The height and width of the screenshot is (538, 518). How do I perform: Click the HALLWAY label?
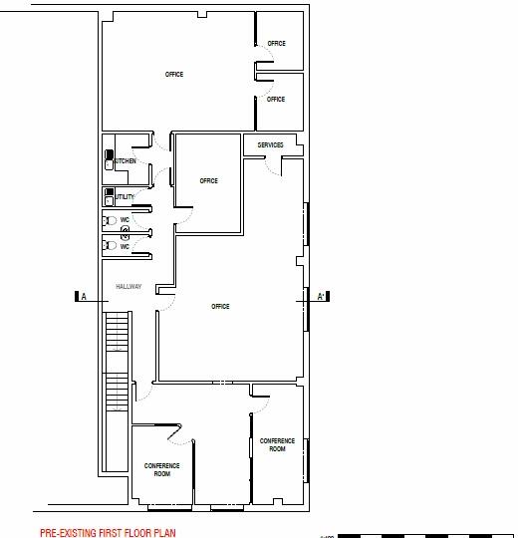pos(129,287)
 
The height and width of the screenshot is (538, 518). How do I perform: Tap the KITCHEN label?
pos(125,161)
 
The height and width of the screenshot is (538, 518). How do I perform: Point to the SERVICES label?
pos(270,145)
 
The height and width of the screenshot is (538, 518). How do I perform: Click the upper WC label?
pos(126,218)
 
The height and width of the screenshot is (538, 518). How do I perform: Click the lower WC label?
pos(126,246)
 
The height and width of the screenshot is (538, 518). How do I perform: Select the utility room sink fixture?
pos(109,195)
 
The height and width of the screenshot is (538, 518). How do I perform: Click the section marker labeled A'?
pos(323,297)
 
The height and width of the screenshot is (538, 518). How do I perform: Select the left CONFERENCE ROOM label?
pos(162,469)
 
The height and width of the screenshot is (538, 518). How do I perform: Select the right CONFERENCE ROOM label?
pos(277,444)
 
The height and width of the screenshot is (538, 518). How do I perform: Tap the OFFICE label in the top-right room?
pos(276,43)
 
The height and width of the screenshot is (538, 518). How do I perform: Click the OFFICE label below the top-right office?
pos(276,99)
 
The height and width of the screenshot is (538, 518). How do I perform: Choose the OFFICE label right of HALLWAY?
pos(220,306)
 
